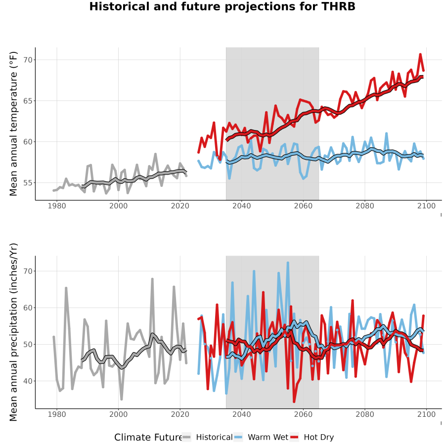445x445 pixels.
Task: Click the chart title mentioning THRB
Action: coord(222,6)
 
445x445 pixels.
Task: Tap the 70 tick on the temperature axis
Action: coord(28,60)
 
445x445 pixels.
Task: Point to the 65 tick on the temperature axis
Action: coord(28,101)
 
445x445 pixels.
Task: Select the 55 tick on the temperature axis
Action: coord(28,183)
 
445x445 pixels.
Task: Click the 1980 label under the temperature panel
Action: coord(57,206)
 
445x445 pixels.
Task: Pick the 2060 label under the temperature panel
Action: coord(303,206)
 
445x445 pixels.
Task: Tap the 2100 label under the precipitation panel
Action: coord(426,414)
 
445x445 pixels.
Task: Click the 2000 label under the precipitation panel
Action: coord(118,414)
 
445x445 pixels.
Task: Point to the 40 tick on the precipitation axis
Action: coord(28,381)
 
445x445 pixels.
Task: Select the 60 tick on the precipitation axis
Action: coord(28,308)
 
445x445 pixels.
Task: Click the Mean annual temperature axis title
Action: coord(13,124)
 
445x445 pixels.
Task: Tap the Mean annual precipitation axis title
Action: coord(13,332)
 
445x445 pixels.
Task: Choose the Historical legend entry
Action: coord(207,438)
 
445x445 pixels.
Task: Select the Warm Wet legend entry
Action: coord(261,438)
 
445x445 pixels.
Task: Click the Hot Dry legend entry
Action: coord(311,438)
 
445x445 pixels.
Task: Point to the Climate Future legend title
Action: coord(148,438)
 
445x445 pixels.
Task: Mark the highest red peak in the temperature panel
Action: coord(420,54)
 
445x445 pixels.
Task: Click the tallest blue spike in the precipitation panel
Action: coord(288,263)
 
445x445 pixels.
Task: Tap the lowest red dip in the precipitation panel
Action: coord(294,401)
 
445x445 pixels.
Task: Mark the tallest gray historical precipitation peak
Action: coord(152,279)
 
